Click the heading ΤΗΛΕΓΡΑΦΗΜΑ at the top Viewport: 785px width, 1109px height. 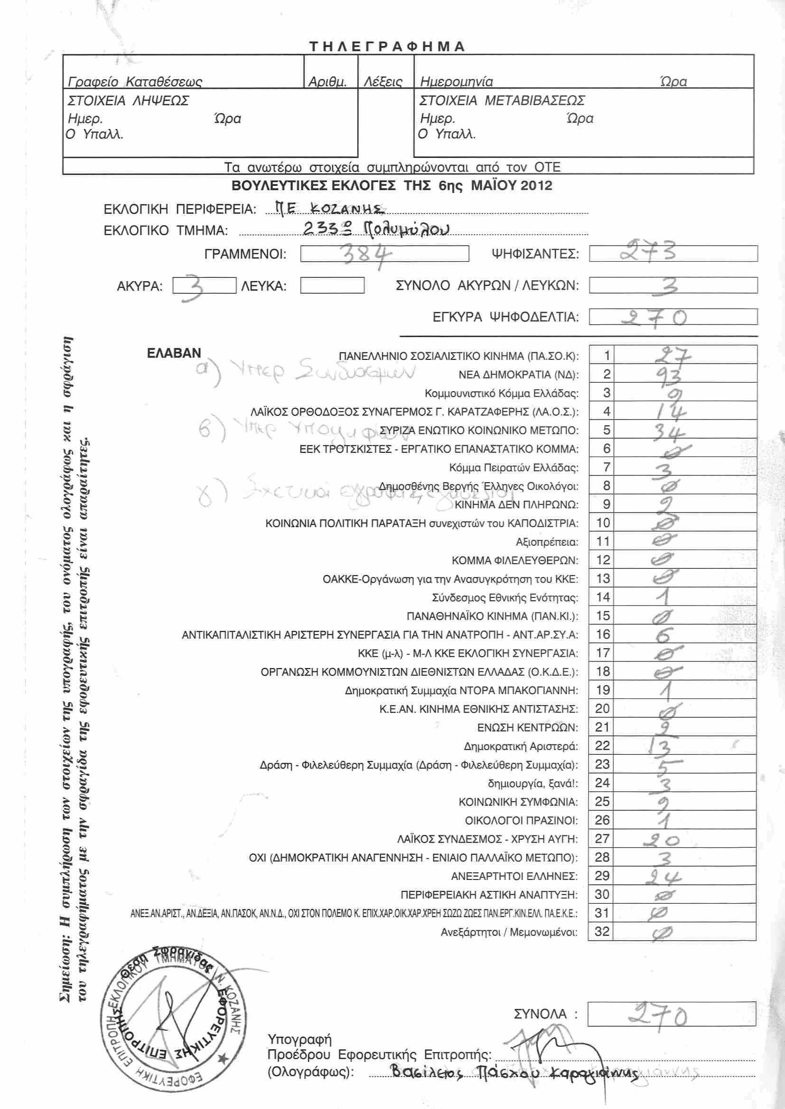(x=387, y=46)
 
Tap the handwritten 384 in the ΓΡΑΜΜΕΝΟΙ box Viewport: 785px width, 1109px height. (x=366, y=254)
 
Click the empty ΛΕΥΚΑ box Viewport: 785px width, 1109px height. (x=332, y=285)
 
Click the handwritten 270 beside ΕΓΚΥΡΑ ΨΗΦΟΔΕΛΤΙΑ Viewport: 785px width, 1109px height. (x=654, y=317)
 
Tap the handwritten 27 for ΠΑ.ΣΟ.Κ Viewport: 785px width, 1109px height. (x=673, y=356)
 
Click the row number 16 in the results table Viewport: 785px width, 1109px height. (x=603, y=634)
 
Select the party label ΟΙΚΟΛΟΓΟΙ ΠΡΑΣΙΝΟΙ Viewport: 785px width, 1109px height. (x=521, y=820)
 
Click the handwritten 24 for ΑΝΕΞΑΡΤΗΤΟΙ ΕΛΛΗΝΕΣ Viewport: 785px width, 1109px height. (x=663, y=877)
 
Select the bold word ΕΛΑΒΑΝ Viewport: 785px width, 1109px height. (x=174, y=353)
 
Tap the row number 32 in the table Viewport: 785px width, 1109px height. (x=602, y=931)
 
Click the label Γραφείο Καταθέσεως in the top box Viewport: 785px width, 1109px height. (x=135, y=81)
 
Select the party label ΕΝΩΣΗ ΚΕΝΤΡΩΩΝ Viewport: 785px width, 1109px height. (x=527, y=727)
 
